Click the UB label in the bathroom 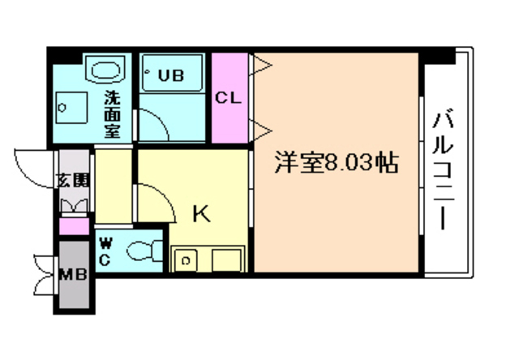(170, 75)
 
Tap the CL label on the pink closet (228, 99)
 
